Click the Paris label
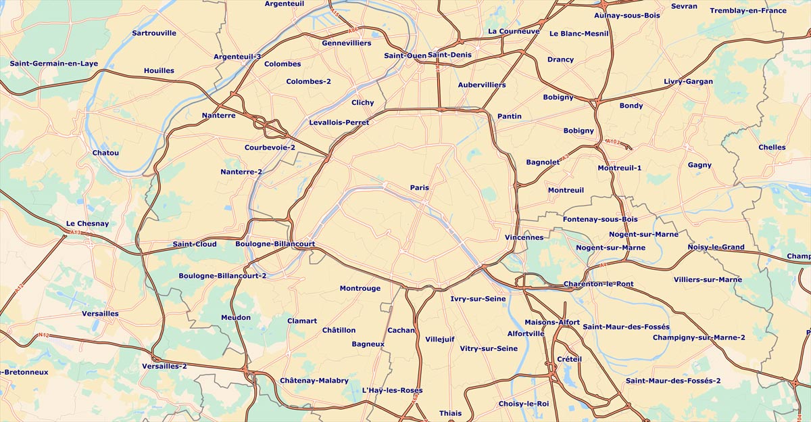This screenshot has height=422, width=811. coord(419,187)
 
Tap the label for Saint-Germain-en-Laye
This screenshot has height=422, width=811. coord(53,64)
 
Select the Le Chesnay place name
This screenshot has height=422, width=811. coord(87,224)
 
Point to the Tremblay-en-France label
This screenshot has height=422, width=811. coord(748,11)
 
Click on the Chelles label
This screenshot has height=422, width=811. coord(772,147)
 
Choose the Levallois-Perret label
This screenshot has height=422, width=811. coord(339,122)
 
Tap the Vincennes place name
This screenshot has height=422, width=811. coord(524,237)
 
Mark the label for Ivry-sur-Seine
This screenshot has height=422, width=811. coord(478,298)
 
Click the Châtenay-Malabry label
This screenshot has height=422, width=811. coord(314,381)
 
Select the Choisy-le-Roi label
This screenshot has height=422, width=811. coord(524,404)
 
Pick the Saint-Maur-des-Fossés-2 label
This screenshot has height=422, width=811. coord(673,381)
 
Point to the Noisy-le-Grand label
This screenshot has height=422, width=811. coord(716,248)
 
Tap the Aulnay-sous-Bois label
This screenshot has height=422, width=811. coord(627,16)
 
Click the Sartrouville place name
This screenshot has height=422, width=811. coord(154,33)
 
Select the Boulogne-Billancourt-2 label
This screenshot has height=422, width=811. coord(222,276)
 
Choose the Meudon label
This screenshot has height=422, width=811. coord(236,318)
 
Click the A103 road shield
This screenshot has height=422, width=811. coord(612,141)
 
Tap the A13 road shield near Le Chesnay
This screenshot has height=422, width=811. coord(76,233)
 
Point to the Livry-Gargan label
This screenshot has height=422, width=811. coord(688,82)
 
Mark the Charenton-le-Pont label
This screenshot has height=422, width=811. coord(598,284)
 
